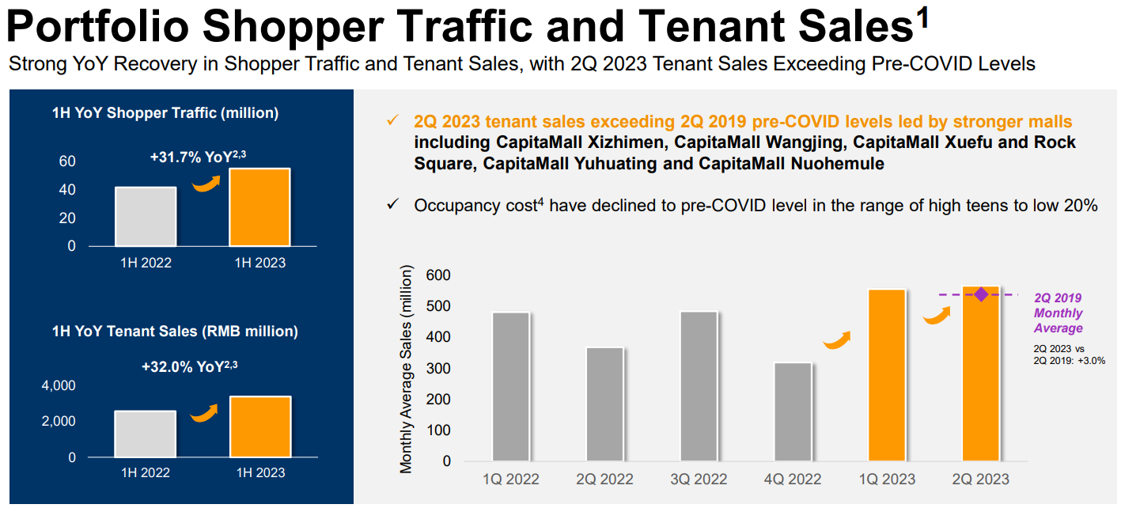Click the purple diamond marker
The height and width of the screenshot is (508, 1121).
point(981,294)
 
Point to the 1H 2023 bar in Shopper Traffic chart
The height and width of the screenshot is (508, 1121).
point(259,207)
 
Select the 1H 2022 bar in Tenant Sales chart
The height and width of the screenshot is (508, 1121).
point(146,434)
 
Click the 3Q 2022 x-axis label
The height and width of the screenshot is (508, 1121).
point(699,480)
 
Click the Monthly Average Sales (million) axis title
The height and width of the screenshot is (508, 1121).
point(406,370)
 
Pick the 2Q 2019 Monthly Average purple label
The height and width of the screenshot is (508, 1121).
point(1058,313)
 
